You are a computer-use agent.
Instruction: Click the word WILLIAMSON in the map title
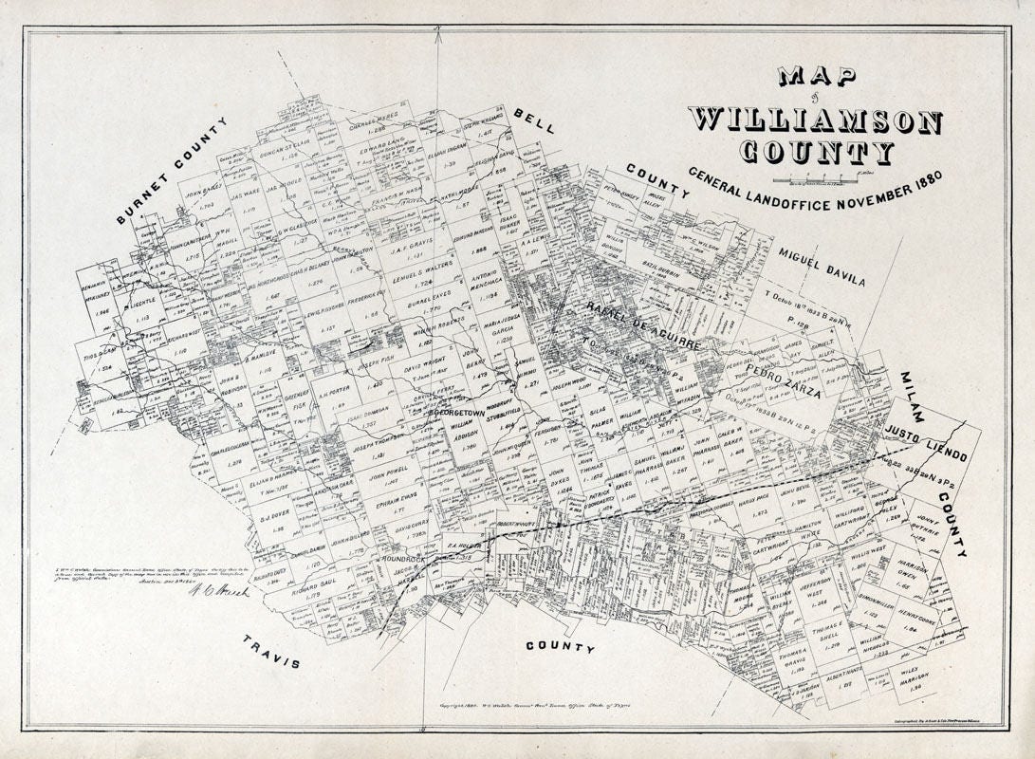[815, 121]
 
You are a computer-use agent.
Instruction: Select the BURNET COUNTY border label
[173, 171]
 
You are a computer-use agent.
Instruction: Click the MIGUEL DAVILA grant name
[822, 267]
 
